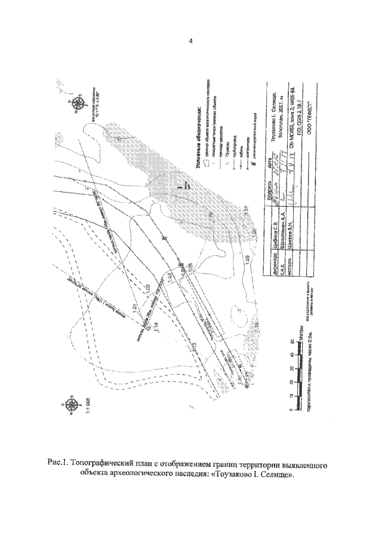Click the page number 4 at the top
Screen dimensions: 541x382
point(190,41)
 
